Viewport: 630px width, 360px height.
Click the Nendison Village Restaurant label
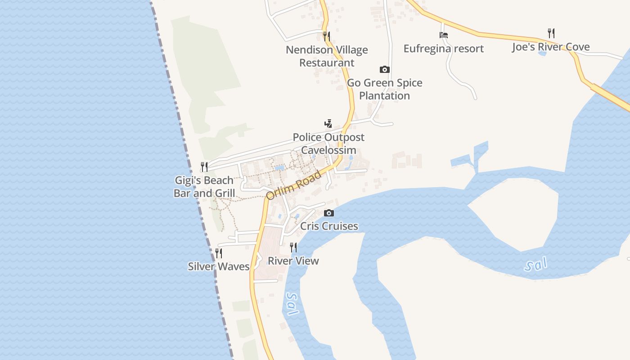pyautogui.click(x=327, y=56)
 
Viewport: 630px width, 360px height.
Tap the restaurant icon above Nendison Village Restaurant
pyautogui.click(x=327, y=36)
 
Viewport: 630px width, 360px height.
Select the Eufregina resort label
pyautogui.click(x=443, y=49)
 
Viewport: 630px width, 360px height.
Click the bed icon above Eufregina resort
pyautogui.click(x=444, y=35)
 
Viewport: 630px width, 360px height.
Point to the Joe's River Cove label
pyautogui.click(x=550, y=47)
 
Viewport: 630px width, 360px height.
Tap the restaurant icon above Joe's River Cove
pyautogui.click(x=551, y=33)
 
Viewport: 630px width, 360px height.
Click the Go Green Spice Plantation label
pyautogui.click(x=384, y=89)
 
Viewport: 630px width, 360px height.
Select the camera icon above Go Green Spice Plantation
pyautogui.click(x=384, y=69)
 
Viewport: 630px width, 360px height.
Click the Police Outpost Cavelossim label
pyautogui.click(x=328, y=144)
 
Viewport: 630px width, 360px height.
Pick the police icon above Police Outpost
pyautogui.click(x=328, y=123)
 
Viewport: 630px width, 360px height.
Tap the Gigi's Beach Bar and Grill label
pyautogui.click(x=204, y=187)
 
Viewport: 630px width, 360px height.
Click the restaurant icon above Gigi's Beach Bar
pyautogui.click(x=204, y=167)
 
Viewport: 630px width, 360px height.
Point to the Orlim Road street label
pyautogui.click(x=293, y=185)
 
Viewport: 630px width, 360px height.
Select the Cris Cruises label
pyautogui.click(x=329, y=226)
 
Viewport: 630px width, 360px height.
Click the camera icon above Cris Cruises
pyautogui.click(x=329, y=213)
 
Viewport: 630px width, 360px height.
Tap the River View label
pyautogui.click(x=293, y=261)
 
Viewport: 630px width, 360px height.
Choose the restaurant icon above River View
pyautogui.click(x=293, y=247)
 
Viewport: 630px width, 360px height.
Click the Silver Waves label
pyautogui.click(x=219, y=266)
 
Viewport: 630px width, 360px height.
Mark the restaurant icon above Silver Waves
pyautogui.click(x=219, y=253)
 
